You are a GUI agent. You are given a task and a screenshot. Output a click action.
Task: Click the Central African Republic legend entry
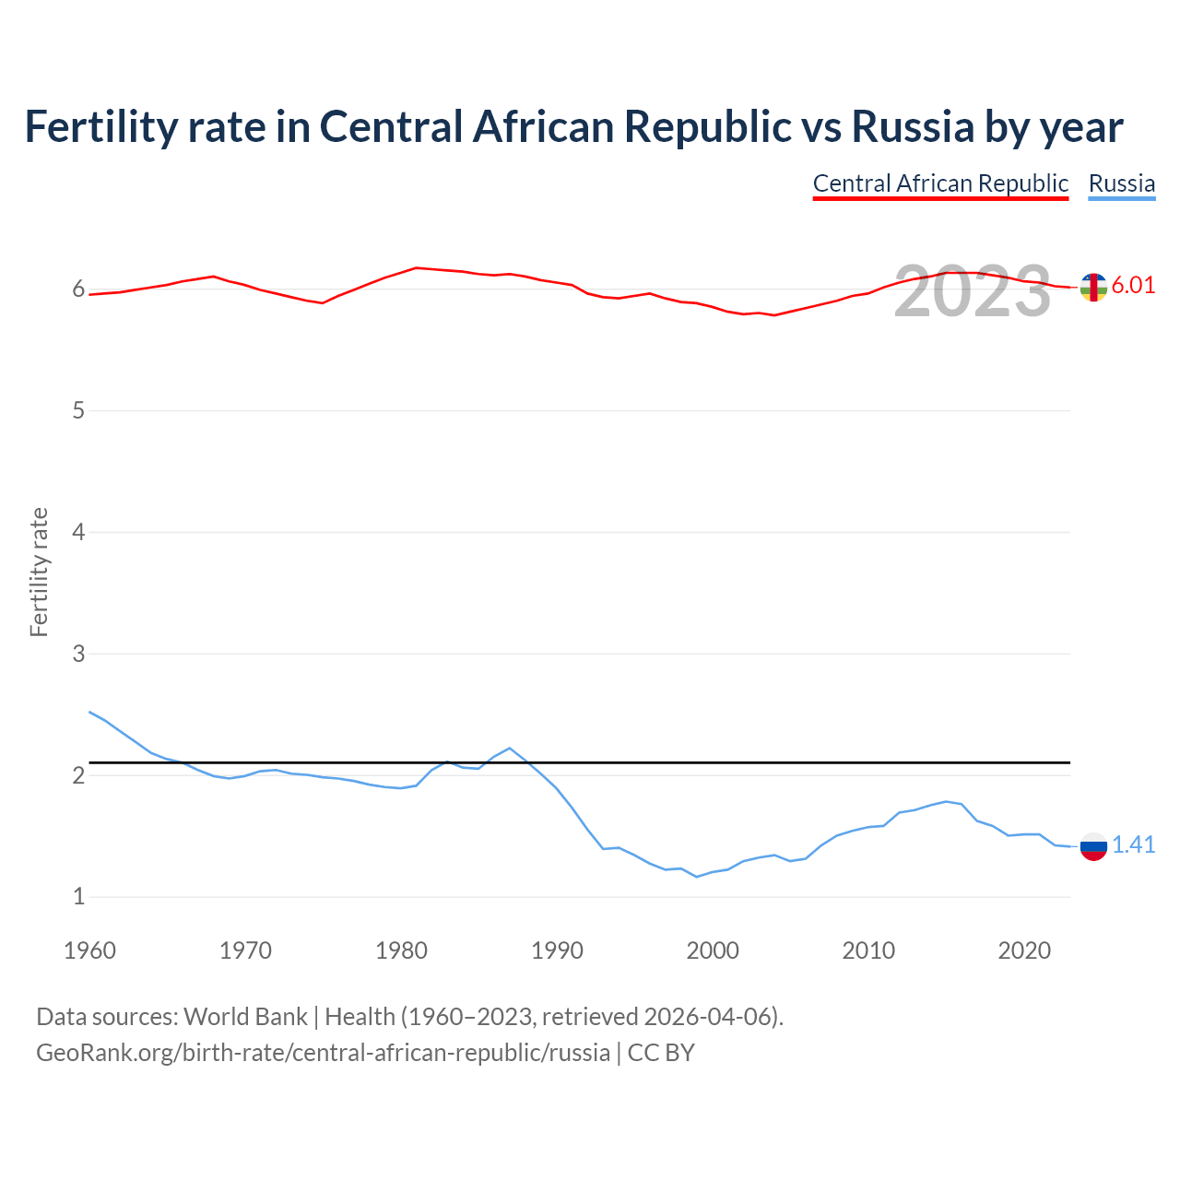pyautogui.click(x=940, y=183)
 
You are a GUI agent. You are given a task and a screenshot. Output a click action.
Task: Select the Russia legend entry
pyautogui.click(x=1121, y=183)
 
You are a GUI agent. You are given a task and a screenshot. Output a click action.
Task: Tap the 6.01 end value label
pyautogui.click(x=1133, y=285)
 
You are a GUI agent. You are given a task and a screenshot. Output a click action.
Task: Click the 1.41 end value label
pyautogui.click(x=1133, y=844)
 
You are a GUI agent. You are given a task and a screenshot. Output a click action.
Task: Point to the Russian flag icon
pyautogui.click(x=1093, y=845)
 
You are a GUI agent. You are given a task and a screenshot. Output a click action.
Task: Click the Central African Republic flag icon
pyautogui.click(x=1093, y=288)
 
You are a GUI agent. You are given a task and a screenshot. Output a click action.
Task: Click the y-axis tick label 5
pyautogui.click(x=78, y=410)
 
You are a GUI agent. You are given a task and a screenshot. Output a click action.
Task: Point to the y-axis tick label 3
pyautogui.click(x=78, y=654)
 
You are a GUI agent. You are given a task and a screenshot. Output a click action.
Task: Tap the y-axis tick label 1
pyautogui.click(x=78, y=896)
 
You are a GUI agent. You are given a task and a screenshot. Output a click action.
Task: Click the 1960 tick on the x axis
pyautogui.click(x=89, y=950)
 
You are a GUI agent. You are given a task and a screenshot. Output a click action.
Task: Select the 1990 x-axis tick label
pyautogui.click(x=557, y=950)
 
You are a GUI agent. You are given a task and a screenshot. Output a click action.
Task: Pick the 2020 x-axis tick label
pyautogui.click(x=1024, y=950)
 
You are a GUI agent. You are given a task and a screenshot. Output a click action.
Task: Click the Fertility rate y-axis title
pyautogui.click(x=39, y=572)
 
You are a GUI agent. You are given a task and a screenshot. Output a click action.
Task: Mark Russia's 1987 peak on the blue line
pyautogui.click(x=509, y=748)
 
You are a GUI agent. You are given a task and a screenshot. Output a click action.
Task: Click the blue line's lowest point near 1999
pyautogui.click(x=697, y=877)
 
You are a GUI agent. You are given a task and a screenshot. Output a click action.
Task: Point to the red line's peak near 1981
pyautogui.click(x=417, y=267)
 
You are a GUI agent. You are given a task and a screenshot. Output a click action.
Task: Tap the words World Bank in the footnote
pyautogui.click(x=245, y=1017)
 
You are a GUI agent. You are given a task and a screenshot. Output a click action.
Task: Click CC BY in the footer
pyautogui.click(x=661, y=1053)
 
